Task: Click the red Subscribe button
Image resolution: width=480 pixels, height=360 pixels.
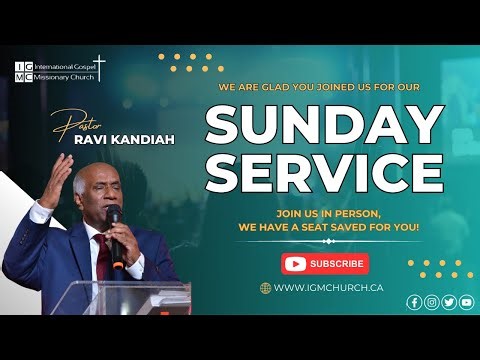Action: (x=325, y=264)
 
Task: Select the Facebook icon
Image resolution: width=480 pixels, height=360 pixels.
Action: (x=414, y=302)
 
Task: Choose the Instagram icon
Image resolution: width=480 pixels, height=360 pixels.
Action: (x=431, y=302)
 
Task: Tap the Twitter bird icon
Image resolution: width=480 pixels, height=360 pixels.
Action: (x=449, y=302)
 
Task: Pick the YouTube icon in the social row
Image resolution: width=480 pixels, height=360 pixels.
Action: (x=466, y=302)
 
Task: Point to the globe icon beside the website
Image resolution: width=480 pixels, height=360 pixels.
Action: (x=265, y=288)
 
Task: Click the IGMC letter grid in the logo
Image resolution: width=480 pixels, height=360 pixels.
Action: (x=23, y=72)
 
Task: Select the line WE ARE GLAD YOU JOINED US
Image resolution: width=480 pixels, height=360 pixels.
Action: (x=324, y=86)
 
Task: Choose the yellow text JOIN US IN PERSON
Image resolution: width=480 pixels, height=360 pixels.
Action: (x=324, y=213)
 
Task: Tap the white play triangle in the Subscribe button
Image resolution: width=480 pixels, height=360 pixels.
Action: (x=295, y=264)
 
